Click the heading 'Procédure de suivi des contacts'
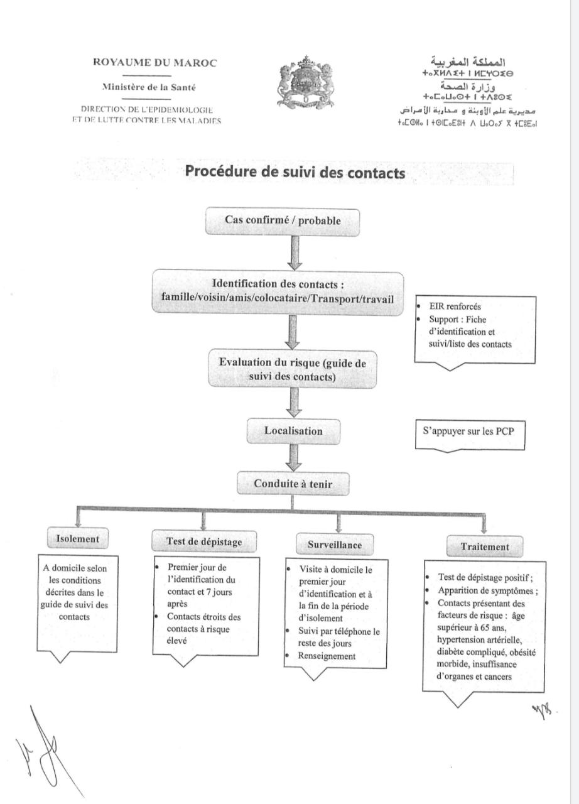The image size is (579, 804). click(295, 173)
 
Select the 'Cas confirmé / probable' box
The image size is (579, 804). click(283, 221)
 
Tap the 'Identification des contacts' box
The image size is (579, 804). click(278, 291)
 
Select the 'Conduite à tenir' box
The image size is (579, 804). click(293, 484)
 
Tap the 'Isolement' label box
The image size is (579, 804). click(77, 538)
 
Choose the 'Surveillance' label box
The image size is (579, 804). click(334, 545)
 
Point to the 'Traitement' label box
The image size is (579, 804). click(485, 546)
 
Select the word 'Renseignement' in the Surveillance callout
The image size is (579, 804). click(327, 656)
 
